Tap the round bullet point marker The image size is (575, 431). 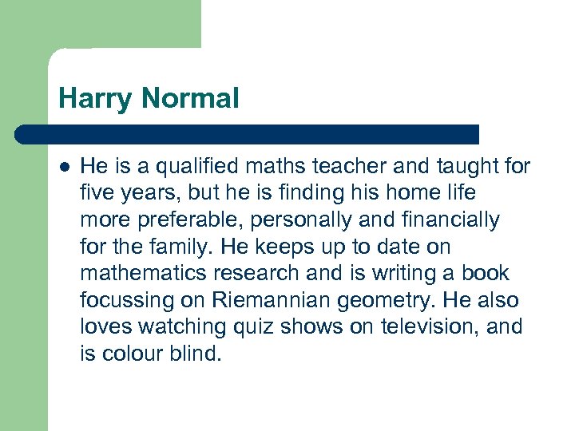pyautogui.click(x=64, y=167)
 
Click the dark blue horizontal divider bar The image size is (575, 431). pyautogui.click(x=248, y=134)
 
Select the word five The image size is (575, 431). pyautogui.click(x=97, y=193)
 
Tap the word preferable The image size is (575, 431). pyautogui.click(x=173, y=220)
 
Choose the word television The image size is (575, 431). pyautogui.click(x=433, y=327)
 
